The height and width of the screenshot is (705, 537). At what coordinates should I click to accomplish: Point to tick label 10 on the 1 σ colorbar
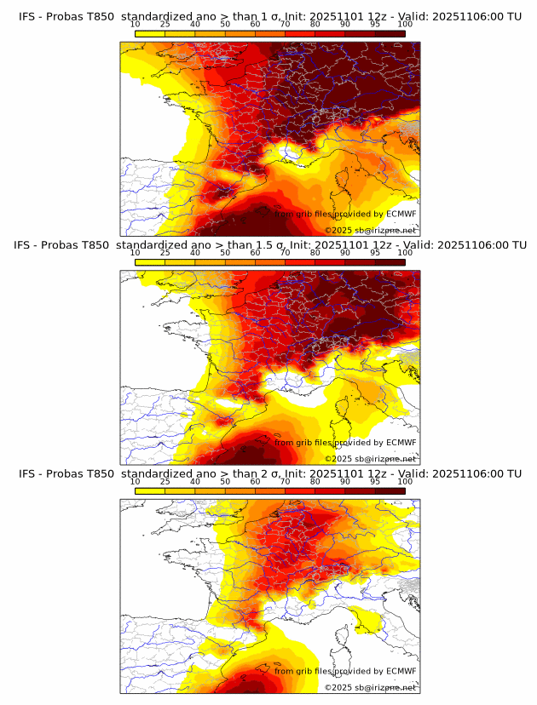pos(136,24)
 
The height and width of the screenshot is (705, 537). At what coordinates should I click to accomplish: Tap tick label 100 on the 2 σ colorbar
pos(405,482)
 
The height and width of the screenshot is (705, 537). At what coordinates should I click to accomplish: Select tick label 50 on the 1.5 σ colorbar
pos(225,253)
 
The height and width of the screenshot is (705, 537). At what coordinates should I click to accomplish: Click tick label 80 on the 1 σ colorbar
pos(315,24)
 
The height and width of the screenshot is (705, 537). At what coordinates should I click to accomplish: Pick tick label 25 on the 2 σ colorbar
pos(165,482)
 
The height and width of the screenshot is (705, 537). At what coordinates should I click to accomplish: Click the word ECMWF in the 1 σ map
pos(401,214)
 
